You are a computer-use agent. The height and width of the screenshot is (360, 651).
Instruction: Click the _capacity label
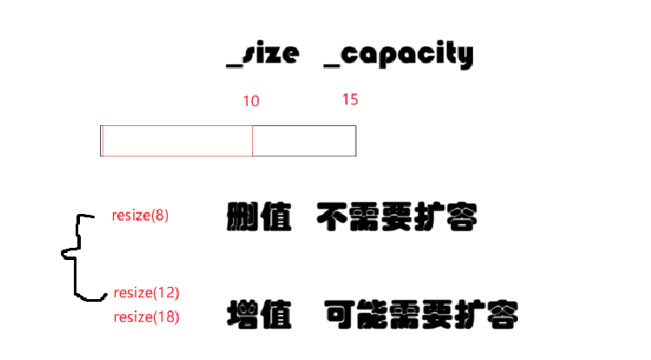pyautogui.click(x=398, y=56)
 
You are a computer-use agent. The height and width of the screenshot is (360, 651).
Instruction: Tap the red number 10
pyautogui.click(x=250, y=101)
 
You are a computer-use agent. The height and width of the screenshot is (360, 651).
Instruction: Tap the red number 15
pyautogui.click(x=349, y=99)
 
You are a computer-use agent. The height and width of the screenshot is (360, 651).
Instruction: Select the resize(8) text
pyautogui.click(x=140, y=216)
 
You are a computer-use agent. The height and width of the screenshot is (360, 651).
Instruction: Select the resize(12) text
pyautogui.click(x=146, y=292)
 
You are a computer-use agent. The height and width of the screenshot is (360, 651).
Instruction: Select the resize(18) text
pyautogui.click(x=146, y=317)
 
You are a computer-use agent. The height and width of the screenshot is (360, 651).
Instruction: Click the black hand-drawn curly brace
pyautogui.click(x=76, y=257)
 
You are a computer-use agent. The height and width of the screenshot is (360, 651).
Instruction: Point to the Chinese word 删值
pyautogui.click(x=257, y=217)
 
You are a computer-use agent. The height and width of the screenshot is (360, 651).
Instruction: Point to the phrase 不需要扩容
pyautogui.click(x=396, y=217)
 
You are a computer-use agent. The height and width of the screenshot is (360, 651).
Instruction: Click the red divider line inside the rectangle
pyautogui.click(x=252, y=141)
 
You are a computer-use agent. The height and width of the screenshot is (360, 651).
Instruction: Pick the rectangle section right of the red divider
pyautogui.click(x=304, y=141)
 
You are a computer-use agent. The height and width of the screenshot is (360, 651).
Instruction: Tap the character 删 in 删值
pyautogui.click(x=242, y=217)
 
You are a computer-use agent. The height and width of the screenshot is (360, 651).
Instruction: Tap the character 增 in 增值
pyautogui.click(x=242, y=313)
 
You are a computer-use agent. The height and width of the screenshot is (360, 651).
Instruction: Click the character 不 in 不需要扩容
pyautogui.click(x=331, y=217)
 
